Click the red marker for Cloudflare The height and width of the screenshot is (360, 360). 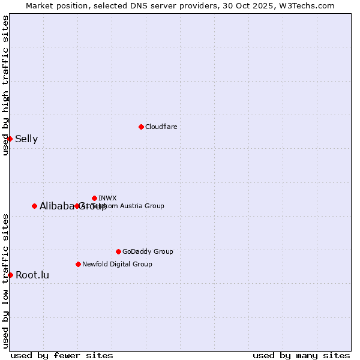(141, 127)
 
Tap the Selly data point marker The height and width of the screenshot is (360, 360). (10, 139)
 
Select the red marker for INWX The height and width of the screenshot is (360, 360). (94, 198)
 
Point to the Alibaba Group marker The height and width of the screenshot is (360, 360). (34, 206)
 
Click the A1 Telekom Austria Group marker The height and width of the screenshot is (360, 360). (77, 206)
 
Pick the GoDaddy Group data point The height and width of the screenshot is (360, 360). (118, 251)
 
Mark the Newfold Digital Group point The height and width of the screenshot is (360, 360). (78, 264)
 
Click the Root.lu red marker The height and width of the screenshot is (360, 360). (10, 275)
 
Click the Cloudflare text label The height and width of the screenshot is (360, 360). (161, 127)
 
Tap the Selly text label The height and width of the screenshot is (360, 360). (26, 139)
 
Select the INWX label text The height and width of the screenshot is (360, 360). (107, 198)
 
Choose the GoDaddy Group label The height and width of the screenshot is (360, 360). (148, 251)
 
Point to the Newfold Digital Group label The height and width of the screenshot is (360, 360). (117, 264)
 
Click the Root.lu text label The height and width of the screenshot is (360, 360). (32, 275)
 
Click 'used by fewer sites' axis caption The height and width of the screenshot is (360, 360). (62, 355)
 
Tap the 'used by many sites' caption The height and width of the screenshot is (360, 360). (301, 355)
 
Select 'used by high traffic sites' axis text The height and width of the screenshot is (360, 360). (5, 85)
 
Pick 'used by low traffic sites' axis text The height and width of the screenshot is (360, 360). (5, 281)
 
